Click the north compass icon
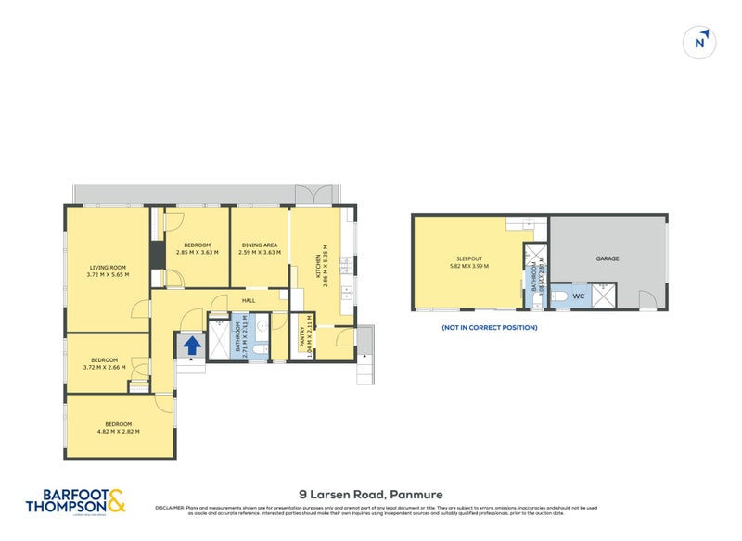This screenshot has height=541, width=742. coord(701,42)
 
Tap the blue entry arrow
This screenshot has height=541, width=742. coord(191,346)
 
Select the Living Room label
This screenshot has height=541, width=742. coord(108,268)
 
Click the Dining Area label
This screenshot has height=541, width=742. coord(259,245)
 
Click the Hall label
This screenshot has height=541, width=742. coord(248,301)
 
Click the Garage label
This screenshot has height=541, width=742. coord(608,258)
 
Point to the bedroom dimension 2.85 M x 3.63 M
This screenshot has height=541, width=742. coord(198,252)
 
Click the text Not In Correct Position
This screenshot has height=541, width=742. coord(489,327)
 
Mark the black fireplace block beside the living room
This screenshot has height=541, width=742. coord(157,253)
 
